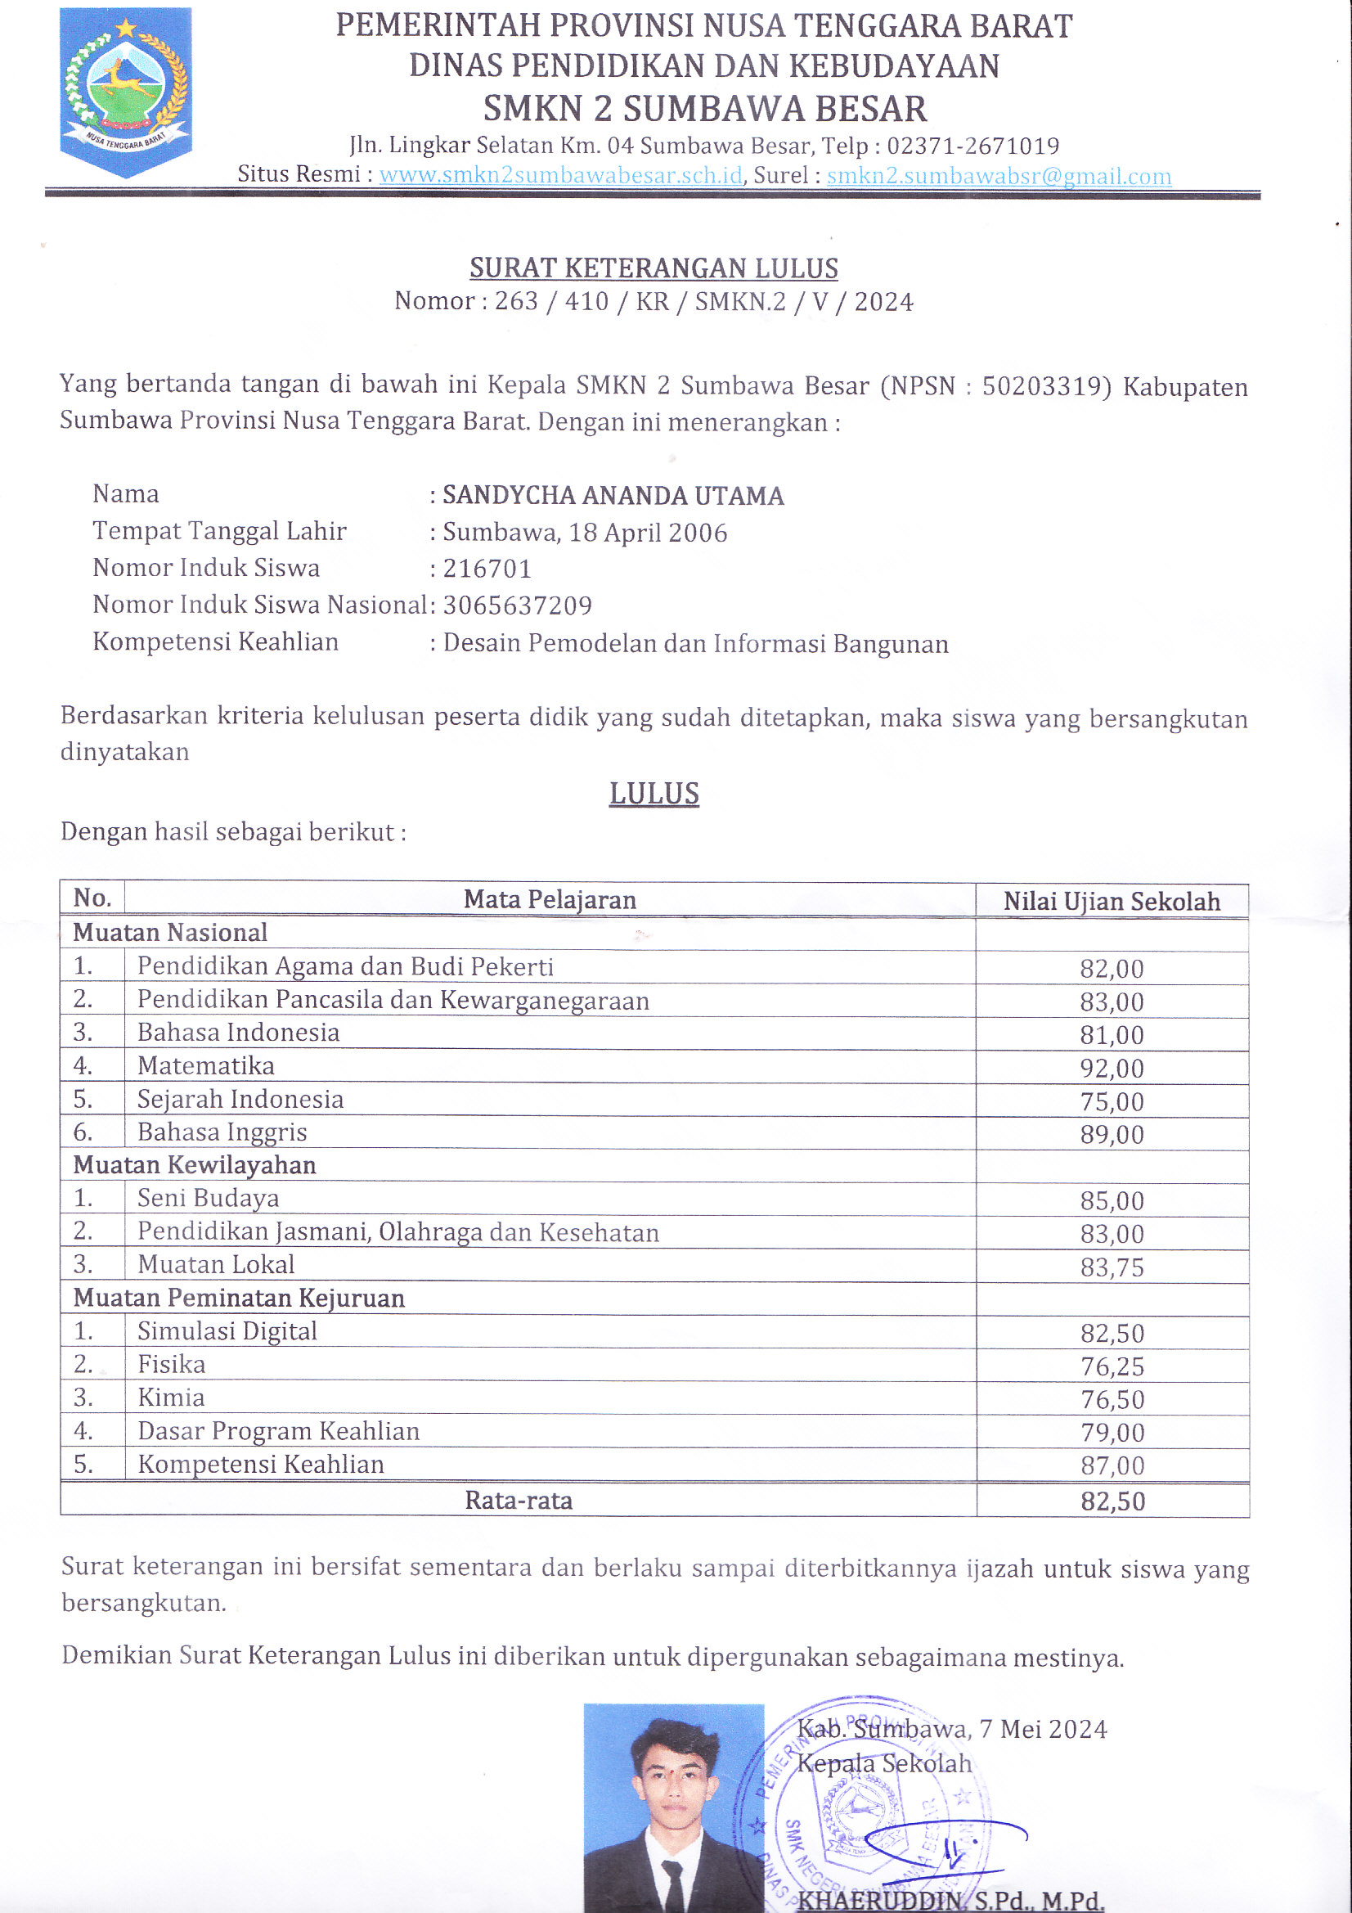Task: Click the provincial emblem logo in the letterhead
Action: [126, 92]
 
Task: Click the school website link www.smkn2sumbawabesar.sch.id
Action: [560, 175]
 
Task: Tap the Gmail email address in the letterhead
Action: [998, 176]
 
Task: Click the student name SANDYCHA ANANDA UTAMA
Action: [613, 496]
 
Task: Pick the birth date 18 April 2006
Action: [647, 533]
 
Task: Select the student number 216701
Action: [487, 569]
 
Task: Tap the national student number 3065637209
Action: [517, 605]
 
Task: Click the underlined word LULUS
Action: [654, 794]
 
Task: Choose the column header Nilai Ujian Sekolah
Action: [1112, 902]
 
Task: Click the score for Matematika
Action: [1112, 1068]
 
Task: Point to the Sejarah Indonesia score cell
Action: [1112, 1101]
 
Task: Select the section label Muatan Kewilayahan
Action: [194, 1165]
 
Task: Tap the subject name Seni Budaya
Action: [209, 1198]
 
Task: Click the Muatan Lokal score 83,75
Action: [1112, 1267]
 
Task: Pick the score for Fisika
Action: [1112, 1366]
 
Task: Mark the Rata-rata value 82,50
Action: [1113, 1501]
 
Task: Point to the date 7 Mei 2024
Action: [1043, 1729]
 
